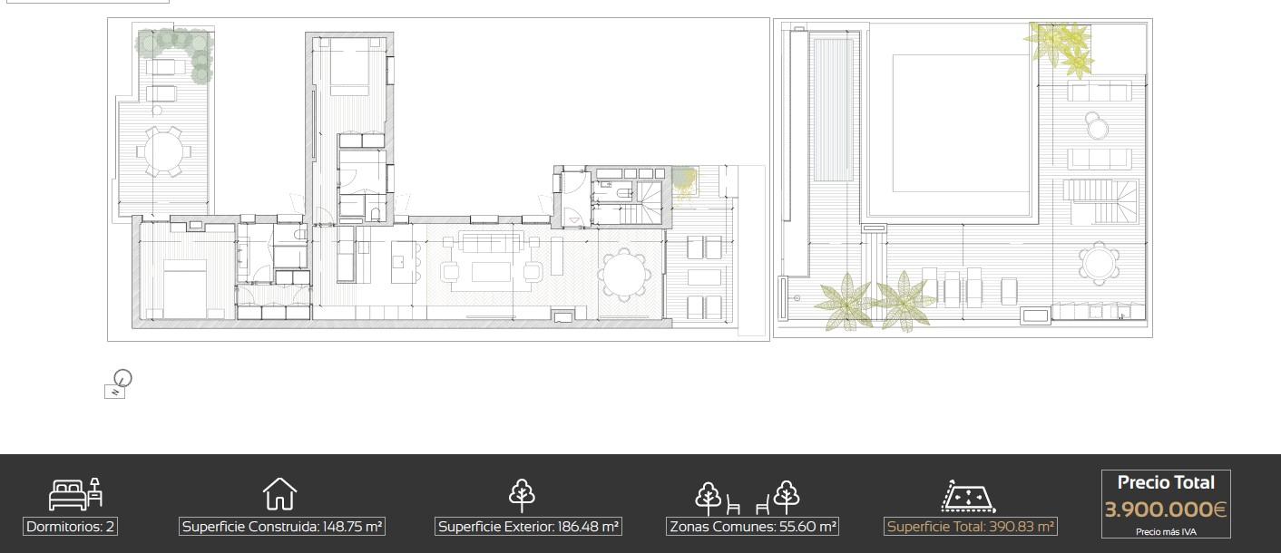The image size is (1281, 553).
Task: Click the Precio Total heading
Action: click(1166, 482)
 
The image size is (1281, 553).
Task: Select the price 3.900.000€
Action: click(1166, 509)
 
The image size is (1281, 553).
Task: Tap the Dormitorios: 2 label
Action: click(71, 526)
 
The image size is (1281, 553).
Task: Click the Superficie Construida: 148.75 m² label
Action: click(282, 526)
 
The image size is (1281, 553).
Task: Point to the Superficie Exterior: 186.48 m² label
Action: click(528, 526)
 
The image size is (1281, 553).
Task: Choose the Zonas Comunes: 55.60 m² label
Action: click(753, 526)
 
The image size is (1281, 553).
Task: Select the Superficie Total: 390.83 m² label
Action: click(971, 526)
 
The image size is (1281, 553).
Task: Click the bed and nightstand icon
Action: click(75, 494)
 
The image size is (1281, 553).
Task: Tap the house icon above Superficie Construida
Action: click(279, 493)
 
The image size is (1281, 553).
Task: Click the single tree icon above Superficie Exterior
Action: click(523, 495)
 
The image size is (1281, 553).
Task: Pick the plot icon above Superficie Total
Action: click(968, 496)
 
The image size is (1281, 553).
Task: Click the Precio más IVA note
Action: click(1166, 532)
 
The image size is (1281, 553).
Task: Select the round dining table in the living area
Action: click(624, 274)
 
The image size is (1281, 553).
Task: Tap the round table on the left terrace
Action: click(163, 151)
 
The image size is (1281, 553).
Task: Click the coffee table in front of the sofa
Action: click(491, 272)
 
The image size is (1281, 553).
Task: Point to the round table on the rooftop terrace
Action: click(1099, 264)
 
